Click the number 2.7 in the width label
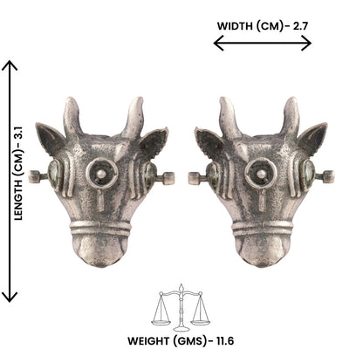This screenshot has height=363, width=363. pos(300,25)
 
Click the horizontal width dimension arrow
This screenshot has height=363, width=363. pos(262,44)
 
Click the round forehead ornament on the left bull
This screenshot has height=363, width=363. pos(102,172)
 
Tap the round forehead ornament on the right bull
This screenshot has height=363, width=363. pos(260,172)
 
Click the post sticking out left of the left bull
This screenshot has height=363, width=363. pos(35,176)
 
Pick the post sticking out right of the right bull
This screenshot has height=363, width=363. pos(327,176)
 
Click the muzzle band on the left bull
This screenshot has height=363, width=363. pos(101,229)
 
